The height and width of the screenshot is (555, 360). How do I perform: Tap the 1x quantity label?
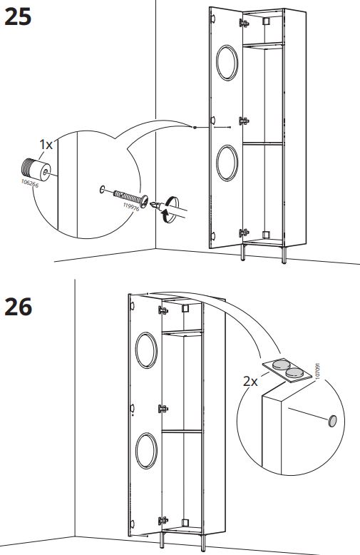click(46, 145)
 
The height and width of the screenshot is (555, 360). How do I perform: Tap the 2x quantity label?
click(250, 382)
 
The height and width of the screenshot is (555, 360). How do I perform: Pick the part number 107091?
click(317, 372)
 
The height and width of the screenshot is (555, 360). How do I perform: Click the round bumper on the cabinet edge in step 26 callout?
click(331, 422)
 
